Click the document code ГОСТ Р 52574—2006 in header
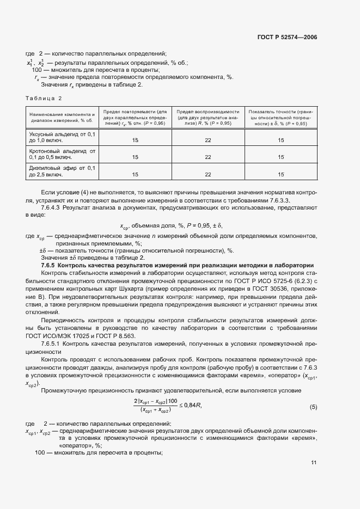click(x=287, y=37)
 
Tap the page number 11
click(x=314, y=463)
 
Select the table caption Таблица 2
click(x=44, y=98)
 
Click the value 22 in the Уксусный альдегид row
click(x=208, y=140)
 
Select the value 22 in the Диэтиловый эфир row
click(x=208, y=174)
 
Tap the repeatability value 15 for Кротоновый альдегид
click(x=135, y=157)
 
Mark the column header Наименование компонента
click(x=62, y=117)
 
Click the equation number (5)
click(x=313, y=407)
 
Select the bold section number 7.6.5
click(x=49, y=265)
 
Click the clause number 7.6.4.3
click(x=52, y=208)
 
